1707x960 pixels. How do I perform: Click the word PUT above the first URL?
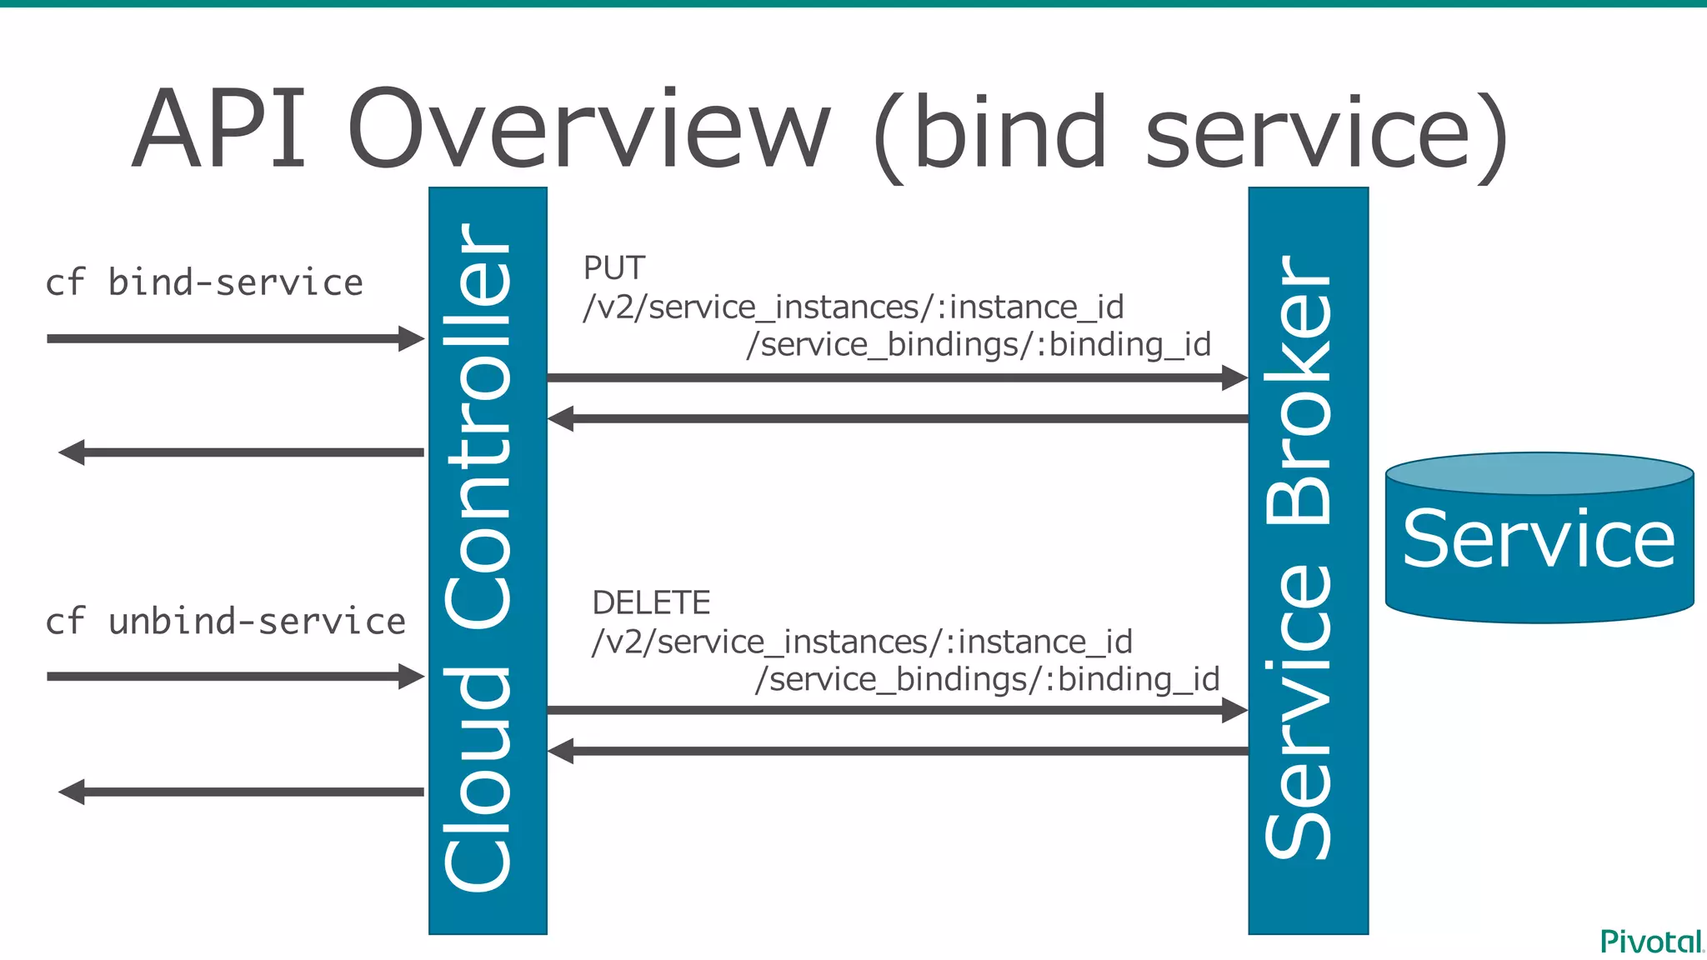tap(614, 268)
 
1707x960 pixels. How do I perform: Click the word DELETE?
tap(651, 602)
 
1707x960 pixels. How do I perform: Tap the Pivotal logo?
tap(1651, 942)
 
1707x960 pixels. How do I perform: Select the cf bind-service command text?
tap(204, 283)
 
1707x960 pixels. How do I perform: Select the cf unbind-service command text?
tap(225, 622)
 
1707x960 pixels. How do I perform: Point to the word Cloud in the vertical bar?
tap(478, 779)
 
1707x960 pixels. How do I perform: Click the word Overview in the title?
tap(588, 131)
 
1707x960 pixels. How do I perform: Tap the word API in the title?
tap(220, 131)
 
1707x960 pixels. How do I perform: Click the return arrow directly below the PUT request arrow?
tap(897, 418)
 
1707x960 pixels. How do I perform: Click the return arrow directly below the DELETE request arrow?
tap(897, 751)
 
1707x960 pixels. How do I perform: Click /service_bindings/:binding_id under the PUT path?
tap(979, 344)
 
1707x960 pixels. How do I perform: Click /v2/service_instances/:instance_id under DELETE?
tap(862, 642)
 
